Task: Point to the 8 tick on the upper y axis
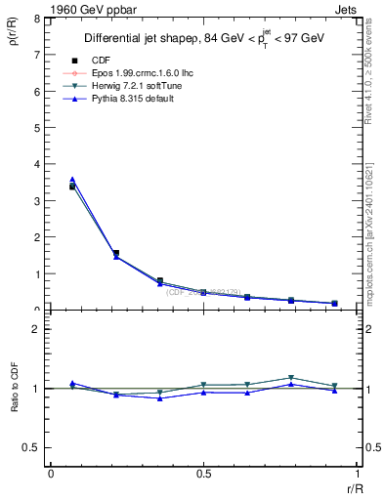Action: pyautogui.click(x=38, y=19)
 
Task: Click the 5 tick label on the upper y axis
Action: pyautogui.click(x=38, y=128)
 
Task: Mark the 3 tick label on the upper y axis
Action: pyautogui.click(x=38, y=201)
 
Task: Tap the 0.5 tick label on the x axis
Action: pyautogui.click(x=202, y=473)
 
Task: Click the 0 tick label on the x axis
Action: pyautogui.click(x=51, y=473)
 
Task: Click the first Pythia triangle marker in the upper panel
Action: pyautogui.click(x=72, y=180)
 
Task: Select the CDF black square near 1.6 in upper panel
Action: pyautogui.click(x=116, y=253)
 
